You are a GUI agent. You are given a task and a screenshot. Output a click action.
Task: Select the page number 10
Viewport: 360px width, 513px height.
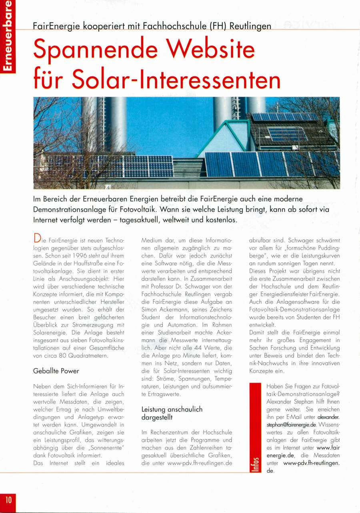(x=8, y=500)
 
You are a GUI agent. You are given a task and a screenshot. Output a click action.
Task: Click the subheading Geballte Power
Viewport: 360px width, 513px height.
(x=56, y=371)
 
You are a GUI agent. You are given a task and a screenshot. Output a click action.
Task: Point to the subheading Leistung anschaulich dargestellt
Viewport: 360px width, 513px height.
(x=172, y=413)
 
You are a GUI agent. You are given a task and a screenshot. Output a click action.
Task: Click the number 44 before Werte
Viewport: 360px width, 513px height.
(x=202, y=348)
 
